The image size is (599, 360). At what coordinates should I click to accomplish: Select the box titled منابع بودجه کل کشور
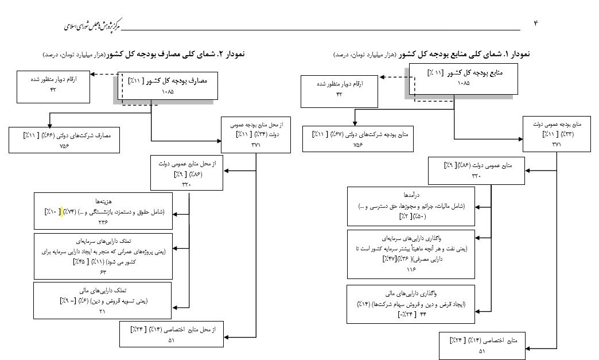click(x=463, y=79)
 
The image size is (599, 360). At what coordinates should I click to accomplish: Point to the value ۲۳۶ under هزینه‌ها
click(x=103, y=222)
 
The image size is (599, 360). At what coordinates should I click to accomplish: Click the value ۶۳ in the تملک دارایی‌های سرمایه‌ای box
click(x=103, y=272)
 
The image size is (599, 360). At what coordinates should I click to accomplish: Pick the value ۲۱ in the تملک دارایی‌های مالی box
click(x=103, y=311)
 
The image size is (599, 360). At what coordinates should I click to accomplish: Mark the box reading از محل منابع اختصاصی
click(x=171, y=334)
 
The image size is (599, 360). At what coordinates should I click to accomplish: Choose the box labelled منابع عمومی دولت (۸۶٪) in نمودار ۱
click(x=476, y=170)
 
